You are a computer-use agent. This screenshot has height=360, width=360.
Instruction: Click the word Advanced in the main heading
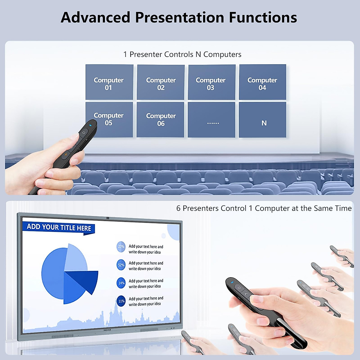(95, 17)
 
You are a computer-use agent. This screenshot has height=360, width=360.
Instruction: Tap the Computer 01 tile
(109, 82)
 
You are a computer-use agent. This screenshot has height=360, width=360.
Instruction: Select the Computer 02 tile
(161, 82)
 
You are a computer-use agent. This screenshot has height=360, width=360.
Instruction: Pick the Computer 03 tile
(211, 82)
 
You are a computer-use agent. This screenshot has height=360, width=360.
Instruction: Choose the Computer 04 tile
(262, 82)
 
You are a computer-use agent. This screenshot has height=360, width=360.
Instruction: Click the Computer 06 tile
(160, 120)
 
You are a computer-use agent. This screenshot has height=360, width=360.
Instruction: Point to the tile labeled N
(263, 120)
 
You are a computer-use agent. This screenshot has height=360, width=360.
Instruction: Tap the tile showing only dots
(211, 120)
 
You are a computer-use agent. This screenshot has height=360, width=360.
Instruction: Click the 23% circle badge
(121, 247)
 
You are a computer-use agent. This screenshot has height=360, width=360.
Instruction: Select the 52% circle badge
(121, 265)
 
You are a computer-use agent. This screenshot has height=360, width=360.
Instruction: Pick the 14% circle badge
(121, 283)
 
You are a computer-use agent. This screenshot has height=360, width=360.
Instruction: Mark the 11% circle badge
(121, 301)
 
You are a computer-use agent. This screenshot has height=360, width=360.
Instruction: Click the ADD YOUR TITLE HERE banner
(59, 228)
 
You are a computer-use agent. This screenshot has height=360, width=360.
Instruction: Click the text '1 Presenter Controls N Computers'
(182, 54)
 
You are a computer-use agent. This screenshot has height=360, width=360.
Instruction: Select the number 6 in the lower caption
(178, 208)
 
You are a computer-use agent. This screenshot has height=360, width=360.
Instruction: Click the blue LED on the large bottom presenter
(232, 282)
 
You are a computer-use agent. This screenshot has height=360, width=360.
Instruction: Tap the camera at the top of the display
(107, 218)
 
